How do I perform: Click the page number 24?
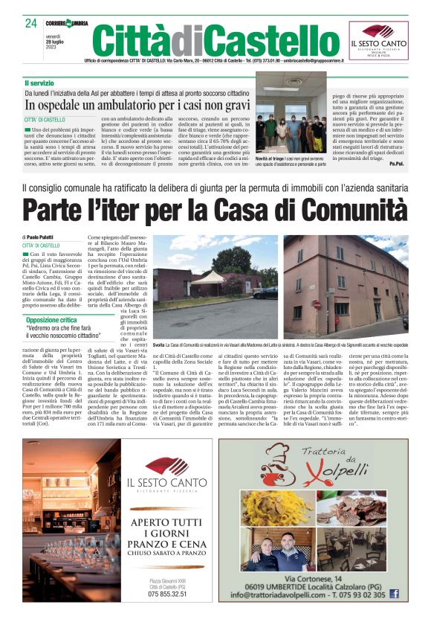(x=30, y=23)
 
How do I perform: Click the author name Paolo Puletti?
(x=47, y=236)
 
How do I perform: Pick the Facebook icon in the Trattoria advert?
(x=395, y=594)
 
